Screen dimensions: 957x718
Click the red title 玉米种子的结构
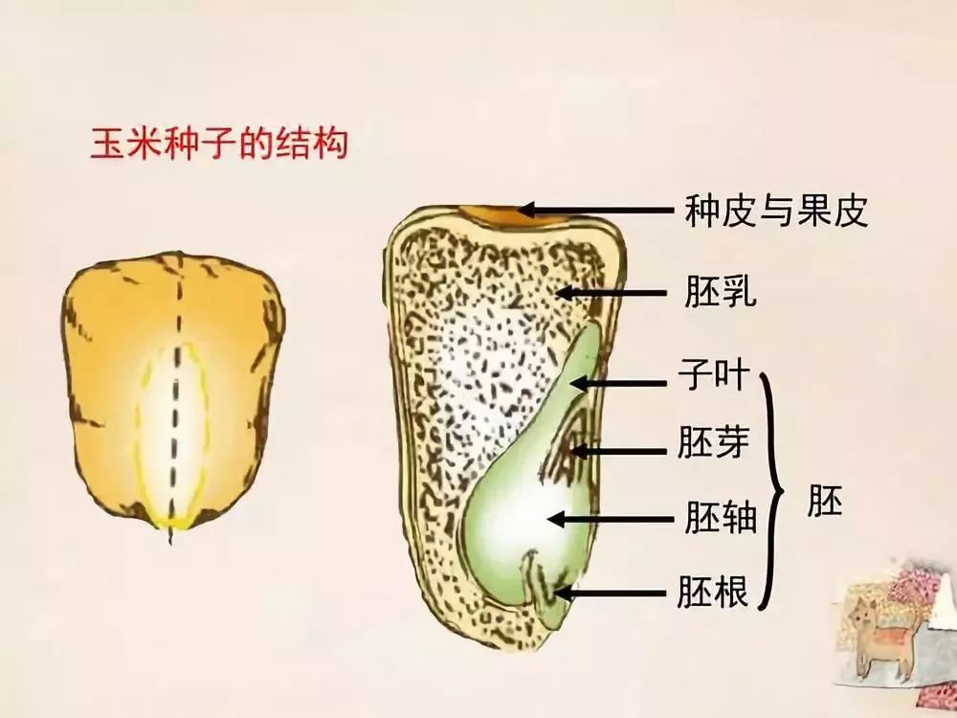click(217, 146)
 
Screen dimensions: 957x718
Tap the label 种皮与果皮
click(776, 211)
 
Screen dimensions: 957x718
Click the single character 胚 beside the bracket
click(824, 501)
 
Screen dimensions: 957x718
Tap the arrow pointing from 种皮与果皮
click(593, 210)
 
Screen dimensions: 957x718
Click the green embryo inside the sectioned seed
click(522, 498)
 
